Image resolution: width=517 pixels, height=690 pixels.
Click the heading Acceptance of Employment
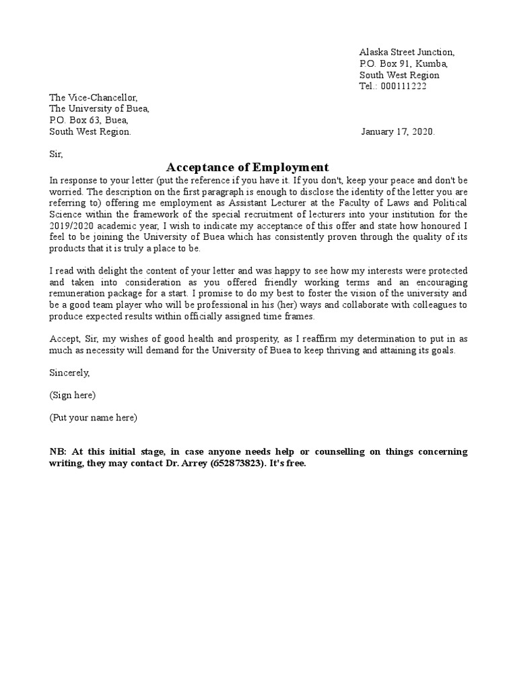(x=247, y=167)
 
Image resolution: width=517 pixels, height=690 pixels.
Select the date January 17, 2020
(x=398, y=132)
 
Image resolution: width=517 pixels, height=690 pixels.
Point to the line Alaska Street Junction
(x=407, y=52)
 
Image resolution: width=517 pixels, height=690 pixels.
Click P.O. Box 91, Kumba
(x=403, y=63)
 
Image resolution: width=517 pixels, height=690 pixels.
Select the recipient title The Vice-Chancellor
(x=93, y=98)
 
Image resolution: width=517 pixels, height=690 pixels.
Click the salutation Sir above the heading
(x=55, y=154)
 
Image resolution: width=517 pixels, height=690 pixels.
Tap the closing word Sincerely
(x=69, y=372)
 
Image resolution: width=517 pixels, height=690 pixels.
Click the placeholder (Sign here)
(x=72, y=395)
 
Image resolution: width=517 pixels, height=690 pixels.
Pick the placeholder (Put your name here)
(x=93, y=418)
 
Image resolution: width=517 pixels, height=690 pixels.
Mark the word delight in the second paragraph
(x=108, y=272)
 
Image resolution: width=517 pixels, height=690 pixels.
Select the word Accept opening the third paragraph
(x=64, y=340)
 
